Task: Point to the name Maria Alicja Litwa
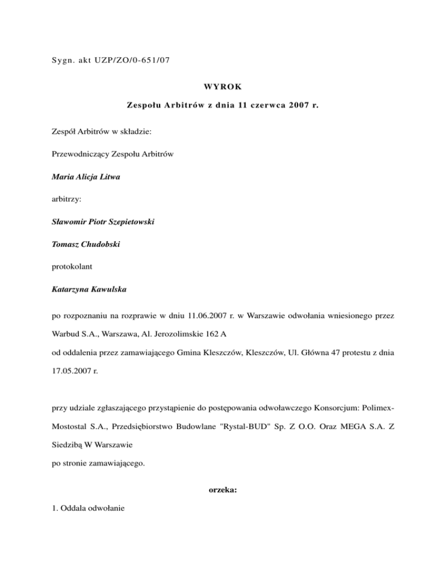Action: coord(86,177)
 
